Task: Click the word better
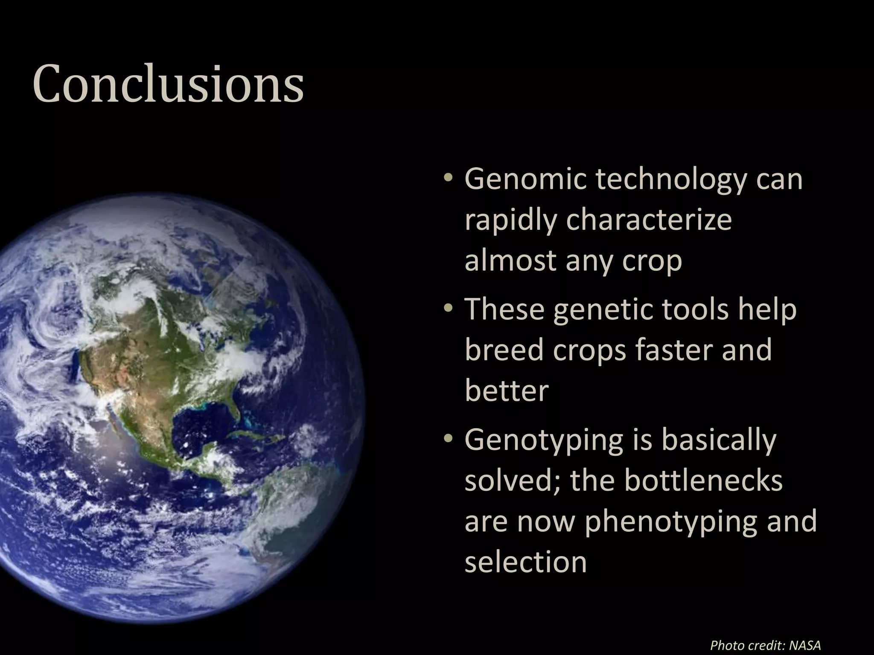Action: coord(507,390)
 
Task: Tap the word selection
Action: coord(526,562)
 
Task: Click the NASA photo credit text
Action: coord(765,645)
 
